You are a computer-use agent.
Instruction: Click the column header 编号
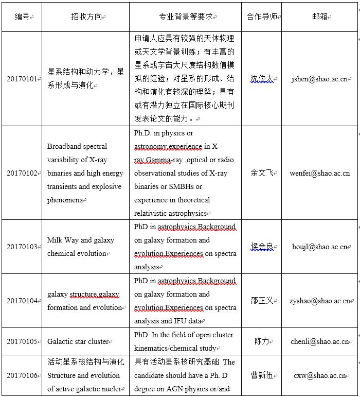point(22,17)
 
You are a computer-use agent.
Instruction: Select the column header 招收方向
point(85,17)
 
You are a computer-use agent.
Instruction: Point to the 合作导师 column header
point(261,17)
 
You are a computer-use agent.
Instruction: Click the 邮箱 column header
point(319,17)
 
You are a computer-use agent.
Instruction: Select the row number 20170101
point(22,79)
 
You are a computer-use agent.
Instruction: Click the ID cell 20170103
point(22,247)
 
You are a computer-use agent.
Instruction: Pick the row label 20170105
point(22,341)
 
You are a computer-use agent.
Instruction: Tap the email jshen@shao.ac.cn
point(319,79)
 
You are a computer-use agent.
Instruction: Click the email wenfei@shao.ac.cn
point(319,173)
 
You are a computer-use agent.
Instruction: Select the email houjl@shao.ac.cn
point(319,247)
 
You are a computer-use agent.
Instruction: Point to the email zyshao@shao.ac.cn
point(319,301)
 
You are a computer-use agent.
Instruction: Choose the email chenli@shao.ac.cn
point(319,341)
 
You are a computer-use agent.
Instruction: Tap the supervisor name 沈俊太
point(261,79)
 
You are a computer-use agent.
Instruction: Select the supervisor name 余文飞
point(261,173)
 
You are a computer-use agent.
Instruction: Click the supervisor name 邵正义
point(261,301)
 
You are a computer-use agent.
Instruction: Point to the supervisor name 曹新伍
point(261,375)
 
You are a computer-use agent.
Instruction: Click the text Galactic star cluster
point(78,341)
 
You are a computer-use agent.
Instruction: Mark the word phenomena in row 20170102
point(65,200)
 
